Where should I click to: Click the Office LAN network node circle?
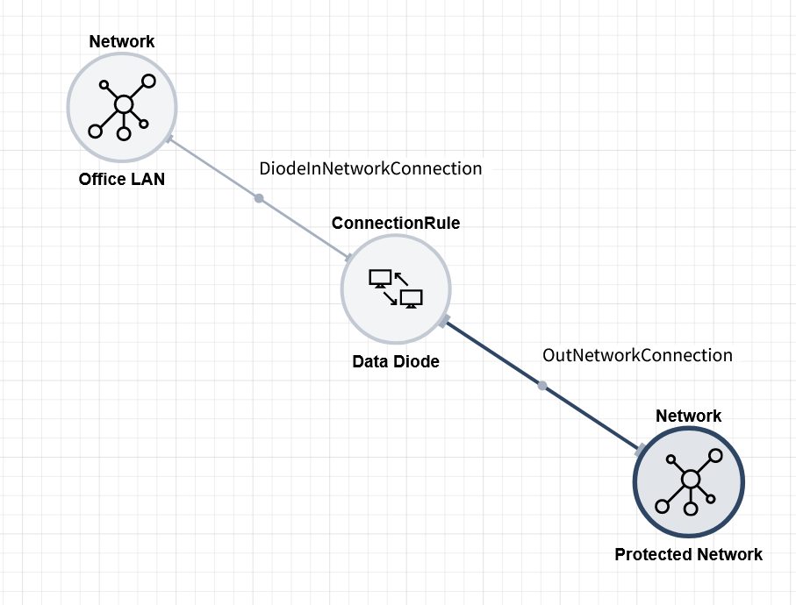[122, 107]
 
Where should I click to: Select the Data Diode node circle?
[396, 289]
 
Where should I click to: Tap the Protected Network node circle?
[689, 481]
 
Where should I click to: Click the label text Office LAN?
[122, 180]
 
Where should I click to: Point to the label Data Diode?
[396, 361]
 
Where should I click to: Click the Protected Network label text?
[689, 554]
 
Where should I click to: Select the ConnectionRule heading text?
[396, 223]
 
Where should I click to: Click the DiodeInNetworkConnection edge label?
[370, 167]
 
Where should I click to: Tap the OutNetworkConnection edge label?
[637, 355]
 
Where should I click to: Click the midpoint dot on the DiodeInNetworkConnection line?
[259, 198]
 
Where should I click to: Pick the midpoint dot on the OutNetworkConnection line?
[542, 386]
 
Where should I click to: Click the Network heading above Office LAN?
[122, 41]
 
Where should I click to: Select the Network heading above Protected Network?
[689, 416]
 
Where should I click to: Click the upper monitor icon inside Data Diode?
[380, 279]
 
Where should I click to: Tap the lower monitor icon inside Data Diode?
[411, 299]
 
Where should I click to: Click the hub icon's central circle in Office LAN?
[124, 105]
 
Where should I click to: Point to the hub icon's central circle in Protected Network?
[691, 479]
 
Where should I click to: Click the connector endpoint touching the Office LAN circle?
[169, 139]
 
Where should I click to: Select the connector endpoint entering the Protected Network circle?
[642, 449]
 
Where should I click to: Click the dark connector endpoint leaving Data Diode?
[444, 320]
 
